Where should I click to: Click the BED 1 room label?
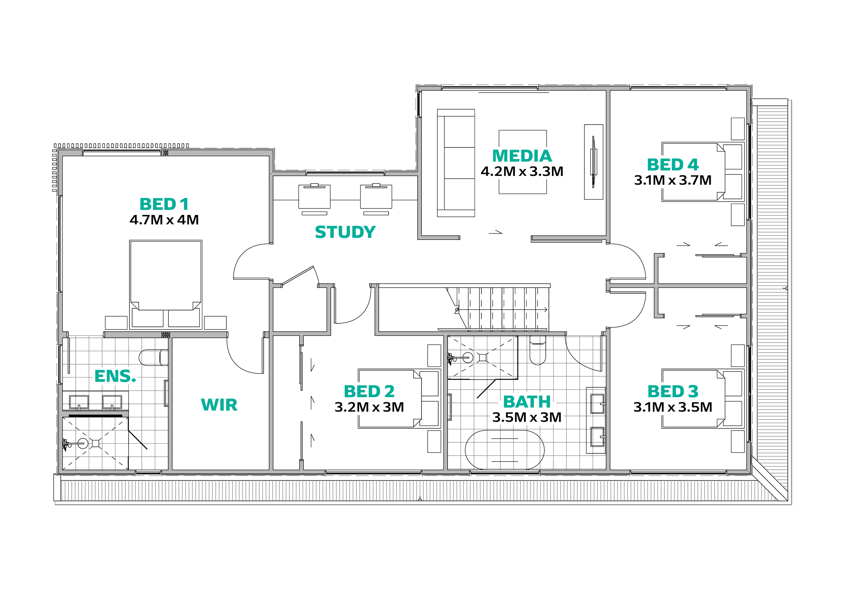(164, 204)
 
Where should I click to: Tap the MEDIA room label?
(522, 156)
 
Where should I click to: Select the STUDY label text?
(345, 232)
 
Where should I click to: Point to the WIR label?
(219, 404)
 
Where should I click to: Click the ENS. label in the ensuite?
(115, 377)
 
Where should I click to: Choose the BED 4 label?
(672, 164)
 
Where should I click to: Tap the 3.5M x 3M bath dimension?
(527, 417)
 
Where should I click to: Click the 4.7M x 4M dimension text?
(164, 220)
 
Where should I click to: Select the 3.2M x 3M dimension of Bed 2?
(369, 407)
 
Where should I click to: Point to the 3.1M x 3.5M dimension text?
(673, 407)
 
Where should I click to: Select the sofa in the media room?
(456, 163)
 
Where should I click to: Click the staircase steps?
(500, 307)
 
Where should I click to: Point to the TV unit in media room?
(593, 161)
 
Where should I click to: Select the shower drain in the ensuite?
(96, 443)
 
